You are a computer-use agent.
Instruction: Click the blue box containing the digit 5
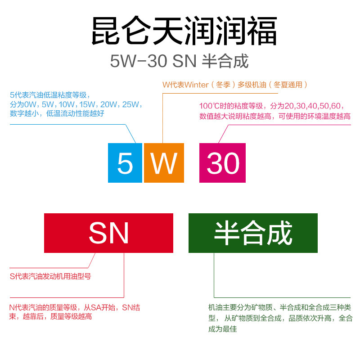pyautogui.click(x=125, y=162)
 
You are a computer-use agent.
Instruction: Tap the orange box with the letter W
pyautogui.click(x=164, y=162)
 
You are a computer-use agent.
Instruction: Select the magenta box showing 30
pyautogui.click(x=222, y=162)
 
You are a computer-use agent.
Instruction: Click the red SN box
pyautogui.click(x=108, y=233)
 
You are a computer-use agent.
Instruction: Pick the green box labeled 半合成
pyautogui.click(x=253, y=233)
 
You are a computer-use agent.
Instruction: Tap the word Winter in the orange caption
pyautogui.click(x=197, y=85)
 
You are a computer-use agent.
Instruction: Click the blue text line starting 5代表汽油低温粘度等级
pyautogui.click(x=50, y=95)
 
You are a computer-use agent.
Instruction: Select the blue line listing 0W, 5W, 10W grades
pyautogui.click(x=76, y=104)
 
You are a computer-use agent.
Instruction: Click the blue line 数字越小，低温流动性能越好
pyautogui.click(x=57, y=114)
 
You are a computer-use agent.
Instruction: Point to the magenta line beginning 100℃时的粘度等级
pyautogui.click(x=273, y=106)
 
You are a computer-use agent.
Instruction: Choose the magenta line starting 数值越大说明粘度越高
pyautogui.click(x=274, y=116)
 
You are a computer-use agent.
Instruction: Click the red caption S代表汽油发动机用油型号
pyautogui.click(x=50, y=276)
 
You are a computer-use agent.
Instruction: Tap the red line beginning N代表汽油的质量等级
pyautogui.click(x=75, y=308)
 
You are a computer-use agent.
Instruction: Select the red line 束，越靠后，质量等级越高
pyautogui.click(x=51, y=317)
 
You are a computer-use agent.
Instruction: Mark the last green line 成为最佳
pyautogui.click(x=222, y=329)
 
